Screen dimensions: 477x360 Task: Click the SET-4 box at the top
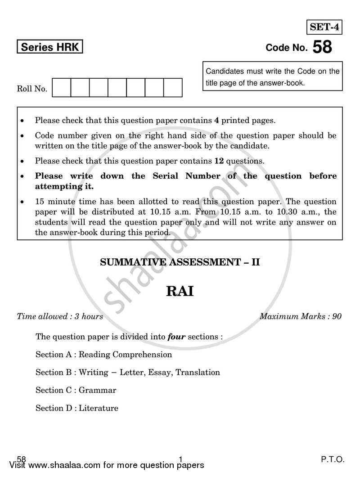[324, 27]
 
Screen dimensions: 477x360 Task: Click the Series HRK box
[50, 47]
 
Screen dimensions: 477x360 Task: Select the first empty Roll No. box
[62, 88]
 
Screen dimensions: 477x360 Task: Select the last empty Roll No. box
[172, 88]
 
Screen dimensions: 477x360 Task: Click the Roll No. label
[32, 89]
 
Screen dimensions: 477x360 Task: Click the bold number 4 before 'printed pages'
[216, 120]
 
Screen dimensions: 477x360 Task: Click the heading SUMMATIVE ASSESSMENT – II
[180, 262]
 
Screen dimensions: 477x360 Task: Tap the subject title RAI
[180, 291]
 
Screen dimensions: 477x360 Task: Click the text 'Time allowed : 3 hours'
[60, 316]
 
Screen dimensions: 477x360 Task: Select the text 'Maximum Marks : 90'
[300, 316]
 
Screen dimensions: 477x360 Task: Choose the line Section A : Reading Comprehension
[103, 355]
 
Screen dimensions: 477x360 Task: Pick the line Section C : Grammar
[76, 390]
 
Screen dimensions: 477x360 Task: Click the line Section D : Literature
[77, 408]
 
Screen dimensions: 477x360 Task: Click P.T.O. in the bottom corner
[333, 459]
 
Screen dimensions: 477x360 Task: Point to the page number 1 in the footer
[180, 459]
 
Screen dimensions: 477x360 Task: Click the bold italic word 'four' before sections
[176, 337]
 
